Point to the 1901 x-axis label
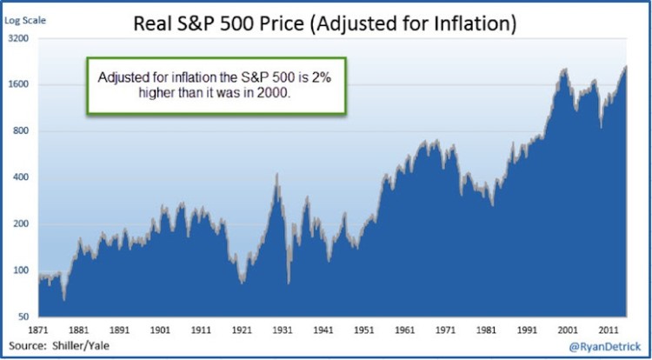159,331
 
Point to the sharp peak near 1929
276,175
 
